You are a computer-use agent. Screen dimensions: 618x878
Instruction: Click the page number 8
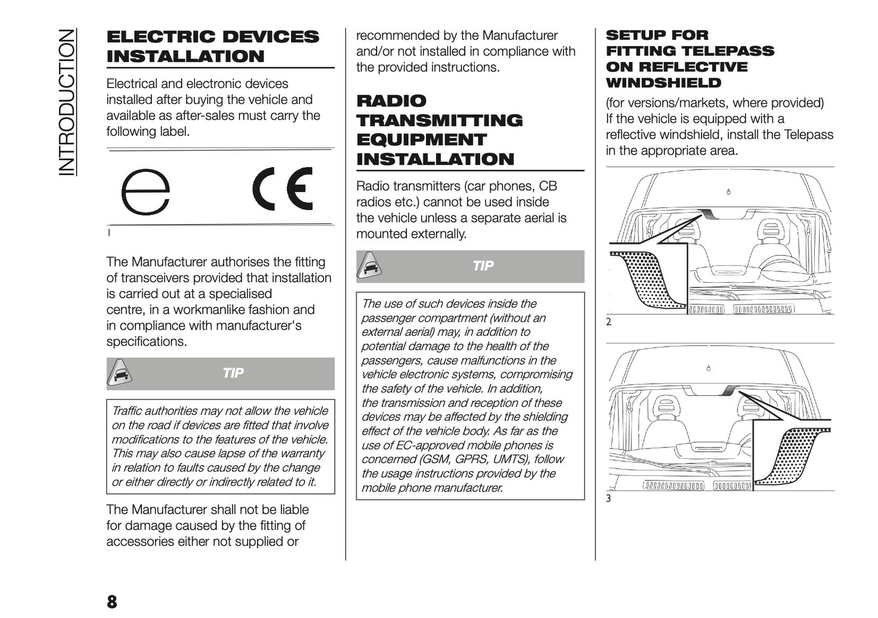pyautogui.click(x=112, y=602)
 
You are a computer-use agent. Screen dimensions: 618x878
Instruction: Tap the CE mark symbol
pyautogui.click(x=283, y=189)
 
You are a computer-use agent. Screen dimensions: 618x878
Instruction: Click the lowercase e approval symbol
pyautogui.click(x=145, y=192)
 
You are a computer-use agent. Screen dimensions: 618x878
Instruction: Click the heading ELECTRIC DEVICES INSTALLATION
pyautogui.click(x=212, y=46)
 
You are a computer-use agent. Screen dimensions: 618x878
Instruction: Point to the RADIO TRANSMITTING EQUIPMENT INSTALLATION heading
pyautogui.click(x=439, y=130)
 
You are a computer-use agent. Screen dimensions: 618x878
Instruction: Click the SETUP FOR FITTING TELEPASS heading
pyautogui.click(x=690, y=59)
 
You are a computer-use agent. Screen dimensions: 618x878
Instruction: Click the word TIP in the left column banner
pyautogui.click(x=233, y=373)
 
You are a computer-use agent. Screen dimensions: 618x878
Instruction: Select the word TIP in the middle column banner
pyautogui.click(x=483, y=266)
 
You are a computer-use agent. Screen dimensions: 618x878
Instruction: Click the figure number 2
pyautogui.click(x=609, y=322)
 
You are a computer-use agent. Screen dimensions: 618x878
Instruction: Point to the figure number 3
pyautogui.click(x=609, y=499)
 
